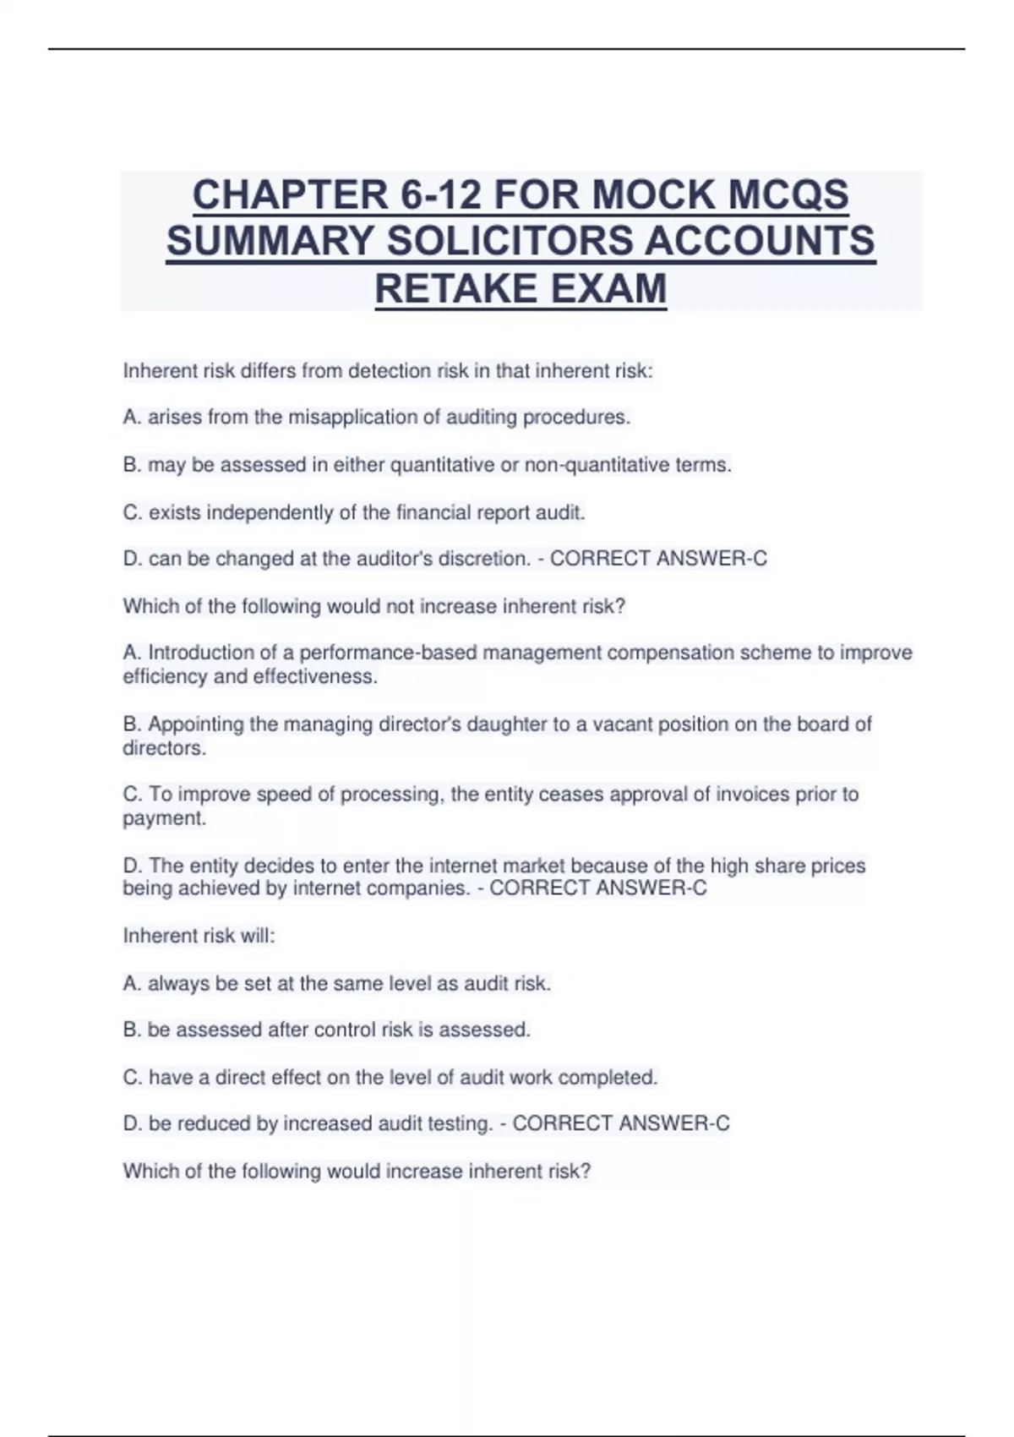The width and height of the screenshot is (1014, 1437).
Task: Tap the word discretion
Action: click(484, 559)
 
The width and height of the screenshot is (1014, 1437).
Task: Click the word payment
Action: click(163, 818)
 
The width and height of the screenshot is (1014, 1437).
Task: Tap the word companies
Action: click(425, 888)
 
